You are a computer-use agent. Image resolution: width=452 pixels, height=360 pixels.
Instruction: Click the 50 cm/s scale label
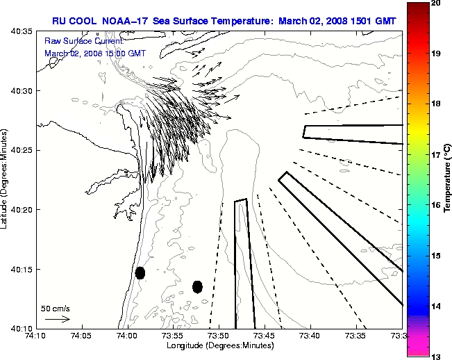pyautogui.click(x=56, y=308)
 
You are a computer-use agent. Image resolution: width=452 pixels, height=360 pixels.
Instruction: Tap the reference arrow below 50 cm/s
pyautogui.click(x=58, y=319)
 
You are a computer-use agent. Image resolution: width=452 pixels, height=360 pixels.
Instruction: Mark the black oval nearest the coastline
pyautogui.click(x=140, y=272)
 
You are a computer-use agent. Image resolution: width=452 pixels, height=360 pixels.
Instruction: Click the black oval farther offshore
pyautogui.click(x=197, y=286)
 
